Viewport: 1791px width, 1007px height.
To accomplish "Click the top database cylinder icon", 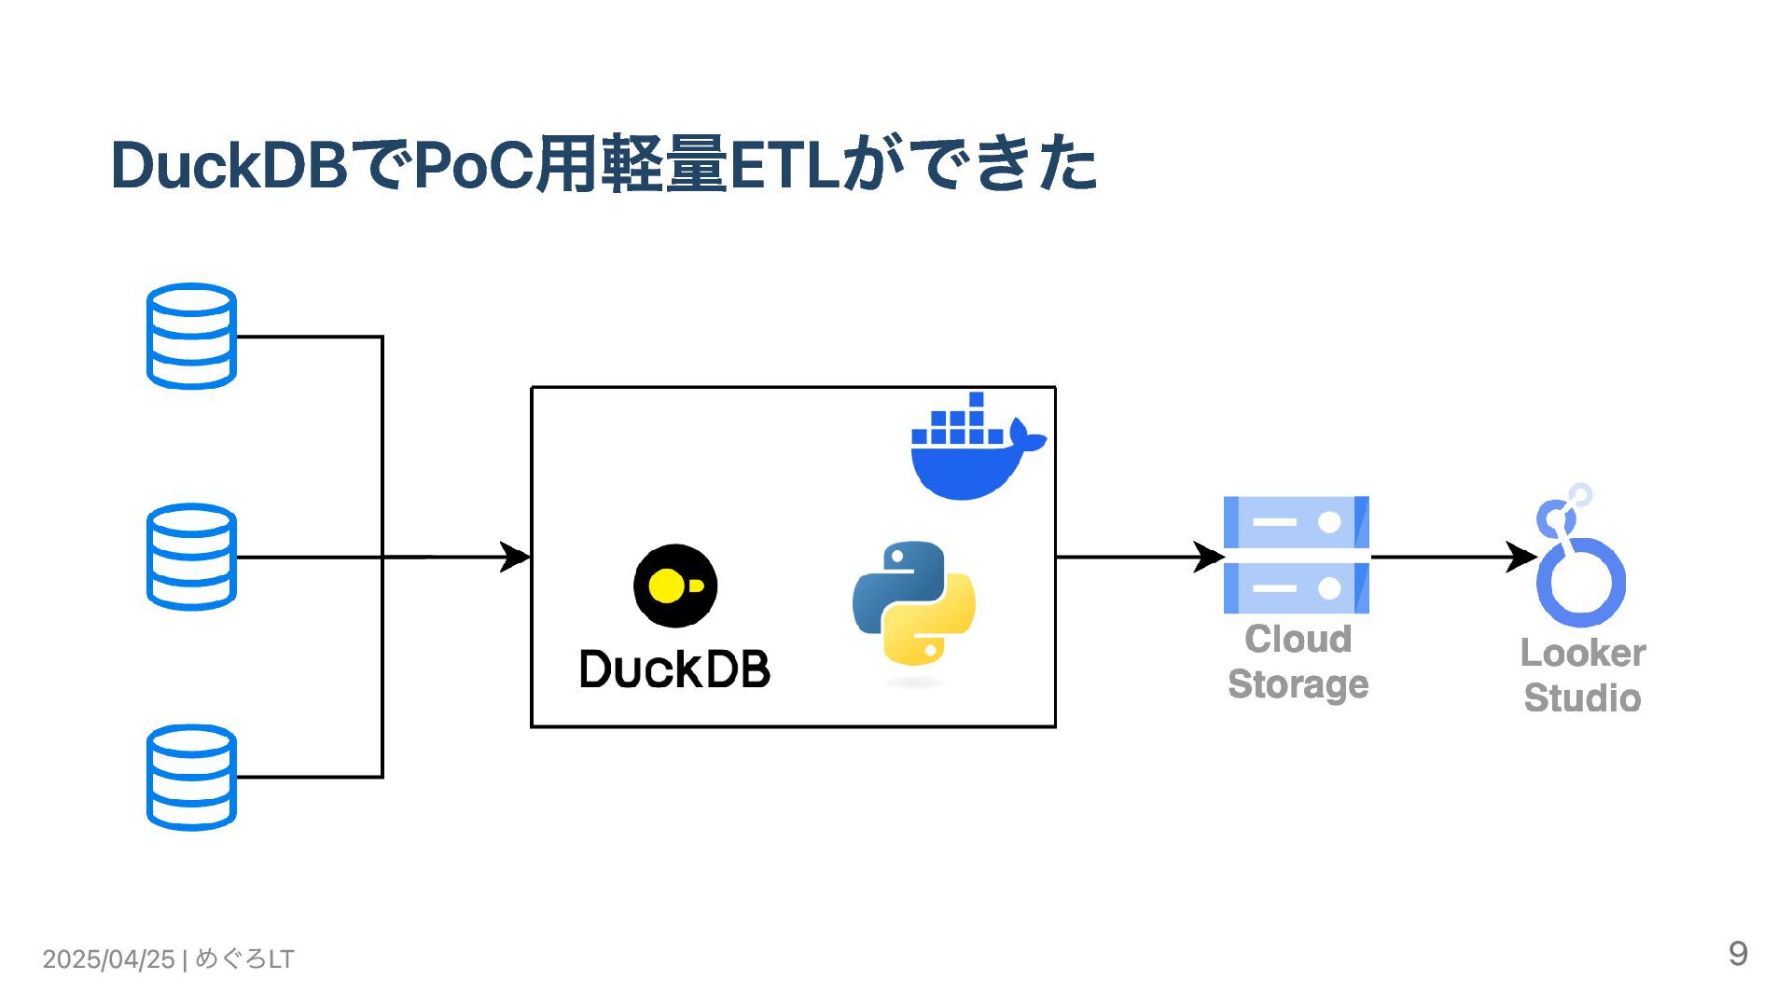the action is (x=191, y=337).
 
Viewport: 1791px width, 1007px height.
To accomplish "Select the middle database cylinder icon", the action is (x=191, y=557).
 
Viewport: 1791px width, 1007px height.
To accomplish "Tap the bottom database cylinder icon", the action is (x=191, y=778).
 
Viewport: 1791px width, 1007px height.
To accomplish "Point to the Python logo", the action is (x=914, y=603).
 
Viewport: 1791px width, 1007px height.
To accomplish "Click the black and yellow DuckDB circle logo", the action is (x=675, y=586).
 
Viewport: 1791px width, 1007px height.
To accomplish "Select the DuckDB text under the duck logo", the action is (x=675, y=669).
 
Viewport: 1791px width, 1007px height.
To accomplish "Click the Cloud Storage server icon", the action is (x=1297, y=555).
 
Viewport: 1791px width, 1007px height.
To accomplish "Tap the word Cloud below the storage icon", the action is (x=1298, y=639).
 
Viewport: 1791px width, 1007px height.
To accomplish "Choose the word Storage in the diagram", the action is (x=1298, y=684).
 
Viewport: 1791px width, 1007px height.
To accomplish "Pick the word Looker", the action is (x=1583, y=653).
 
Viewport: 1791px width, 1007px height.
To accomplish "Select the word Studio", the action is (x=1582, y=697).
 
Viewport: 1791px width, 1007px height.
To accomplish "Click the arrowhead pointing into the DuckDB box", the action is (x=515, y=557).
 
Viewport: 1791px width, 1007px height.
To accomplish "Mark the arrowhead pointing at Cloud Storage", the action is (x=1209, y=557).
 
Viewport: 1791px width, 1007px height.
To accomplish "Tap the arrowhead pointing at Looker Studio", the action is (x=1521, y=557).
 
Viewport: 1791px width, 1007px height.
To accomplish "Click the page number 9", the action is (x=1738, y=953).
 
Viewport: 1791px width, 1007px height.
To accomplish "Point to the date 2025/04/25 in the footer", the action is (x=108, y=959).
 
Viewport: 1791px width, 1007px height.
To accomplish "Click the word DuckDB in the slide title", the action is (x=229, y=165).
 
